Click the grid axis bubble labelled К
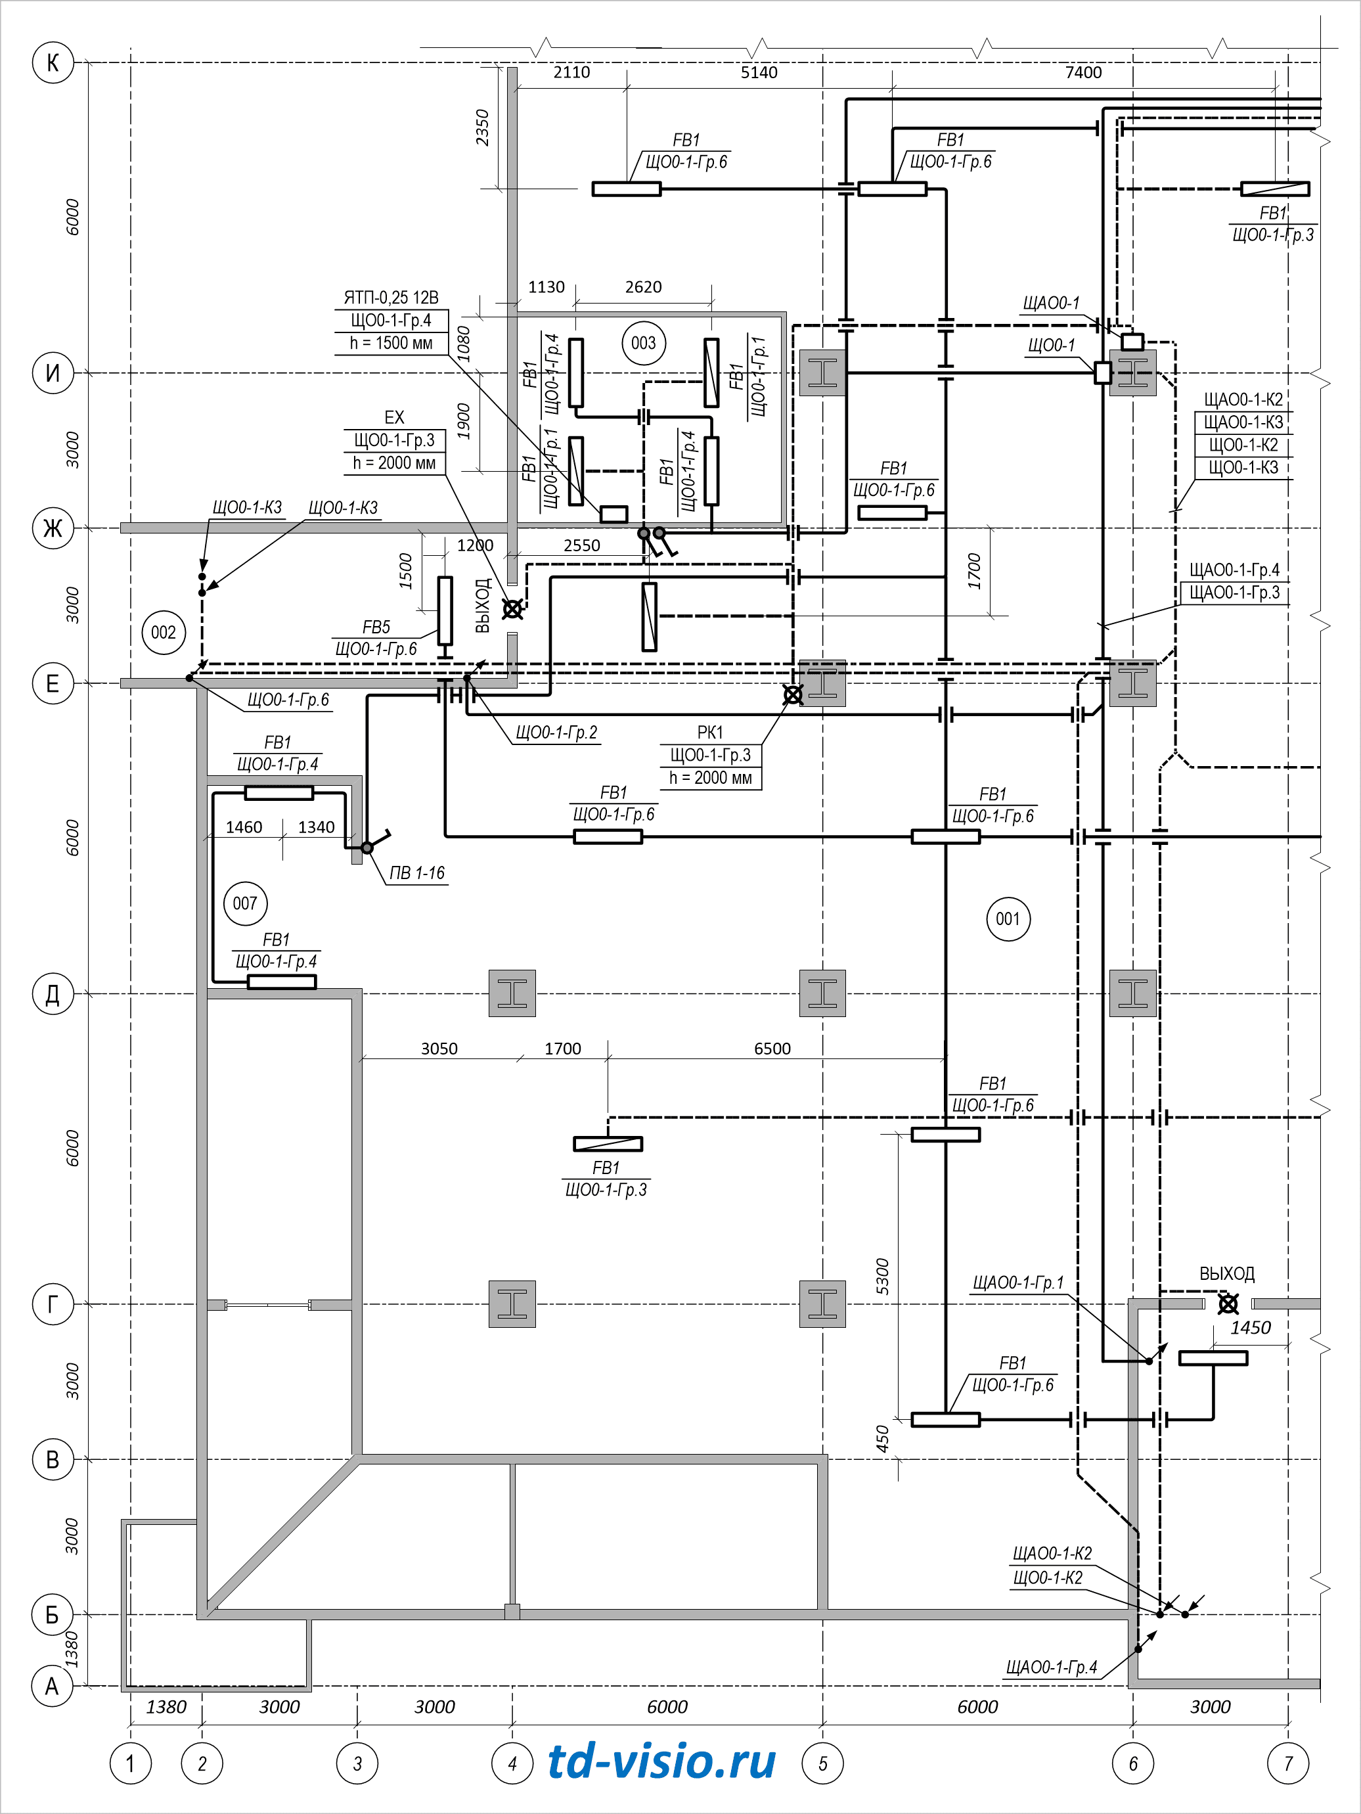(x=53, y=62)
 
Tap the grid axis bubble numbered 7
(x=1288, y=1763)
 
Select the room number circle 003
(x=644, y=343)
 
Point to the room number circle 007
(x=245, y=903)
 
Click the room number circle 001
(x=1008, y=918)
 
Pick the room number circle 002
(x=163, y=632)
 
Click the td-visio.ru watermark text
(x=661, y=1761)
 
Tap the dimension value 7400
(x=1083, y=72)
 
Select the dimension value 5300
(x=882, y=1276)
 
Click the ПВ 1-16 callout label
(x=417, y=873)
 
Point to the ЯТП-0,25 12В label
(x=391, y=297)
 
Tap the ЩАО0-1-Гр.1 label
(x=1018, y=1282)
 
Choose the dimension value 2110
(x=571, y=72)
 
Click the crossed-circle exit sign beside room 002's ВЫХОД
(x=512, y=609)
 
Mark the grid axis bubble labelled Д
(x=53, y=994)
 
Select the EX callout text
(x=394, y=417)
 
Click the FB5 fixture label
(x=376, y=627)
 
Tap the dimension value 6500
(x=772, y=1049)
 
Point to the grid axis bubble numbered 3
(x=357, y=1763)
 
